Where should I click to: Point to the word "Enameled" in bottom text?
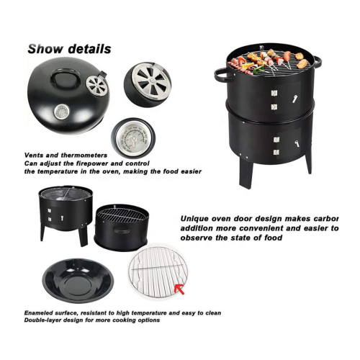40,313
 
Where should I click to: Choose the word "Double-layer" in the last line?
45,322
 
